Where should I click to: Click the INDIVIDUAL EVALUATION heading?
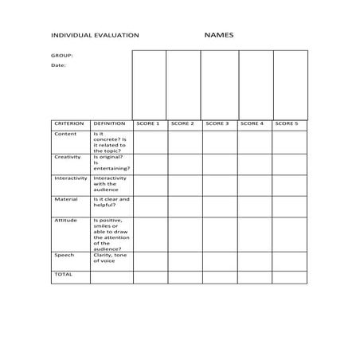(x=95, y=36)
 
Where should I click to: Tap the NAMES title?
(x=218, y=35)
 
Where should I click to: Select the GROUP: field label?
(x=62, y=56)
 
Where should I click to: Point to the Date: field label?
(x=59, y=66)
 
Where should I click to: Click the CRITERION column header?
(x=69, y=124)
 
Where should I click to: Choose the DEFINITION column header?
(x=109, y=124)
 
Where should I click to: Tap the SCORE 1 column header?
(x=148, y=124)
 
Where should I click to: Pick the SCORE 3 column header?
(x=217, y=124)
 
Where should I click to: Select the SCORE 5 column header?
(x=287, y=124)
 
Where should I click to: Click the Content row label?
(x=65, y=134)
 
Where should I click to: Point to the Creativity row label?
(x=68, y=157)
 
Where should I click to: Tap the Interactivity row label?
(x=71, y=178)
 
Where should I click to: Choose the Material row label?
(x=66, y=199)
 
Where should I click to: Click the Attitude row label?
(x=66, y=220)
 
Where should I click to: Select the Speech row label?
(x=65, y=255)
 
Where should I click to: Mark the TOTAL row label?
(x=63, y=275)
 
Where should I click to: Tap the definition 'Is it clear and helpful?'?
(x=111, y=202)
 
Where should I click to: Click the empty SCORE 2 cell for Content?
(x=184, y=142)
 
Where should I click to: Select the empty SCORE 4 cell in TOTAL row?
(x=254, y=277)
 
